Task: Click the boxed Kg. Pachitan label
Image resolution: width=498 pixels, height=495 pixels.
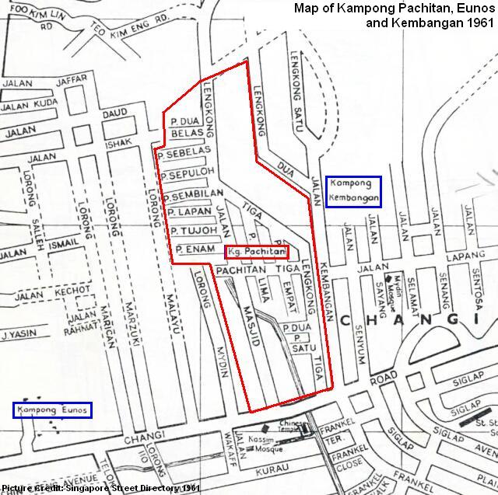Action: click(257, 252)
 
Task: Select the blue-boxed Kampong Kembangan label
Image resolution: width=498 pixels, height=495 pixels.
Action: click(354, 191)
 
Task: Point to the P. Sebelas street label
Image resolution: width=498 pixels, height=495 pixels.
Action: click(184, 150)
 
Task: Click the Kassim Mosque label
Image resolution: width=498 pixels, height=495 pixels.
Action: click(266, 445)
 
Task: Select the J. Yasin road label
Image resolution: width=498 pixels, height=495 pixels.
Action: click(16, 336)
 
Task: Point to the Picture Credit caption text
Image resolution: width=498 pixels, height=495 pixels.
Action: click(101, 488)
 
